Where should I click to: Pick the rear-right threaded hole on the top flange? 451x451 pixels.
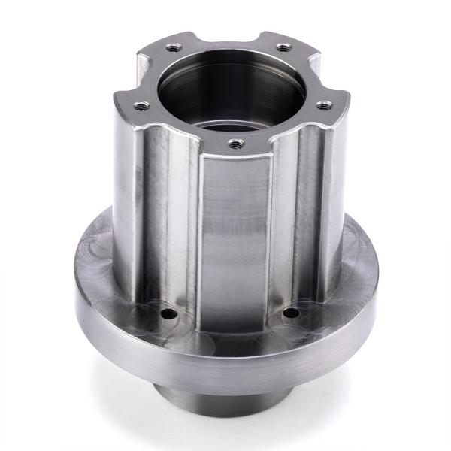click(x=283, y=47)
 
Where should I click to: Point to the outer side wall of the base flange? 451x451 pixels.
click(x=225, y=361)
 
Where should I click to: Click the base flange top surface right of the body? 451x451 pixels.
click(x=353, y=263)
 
